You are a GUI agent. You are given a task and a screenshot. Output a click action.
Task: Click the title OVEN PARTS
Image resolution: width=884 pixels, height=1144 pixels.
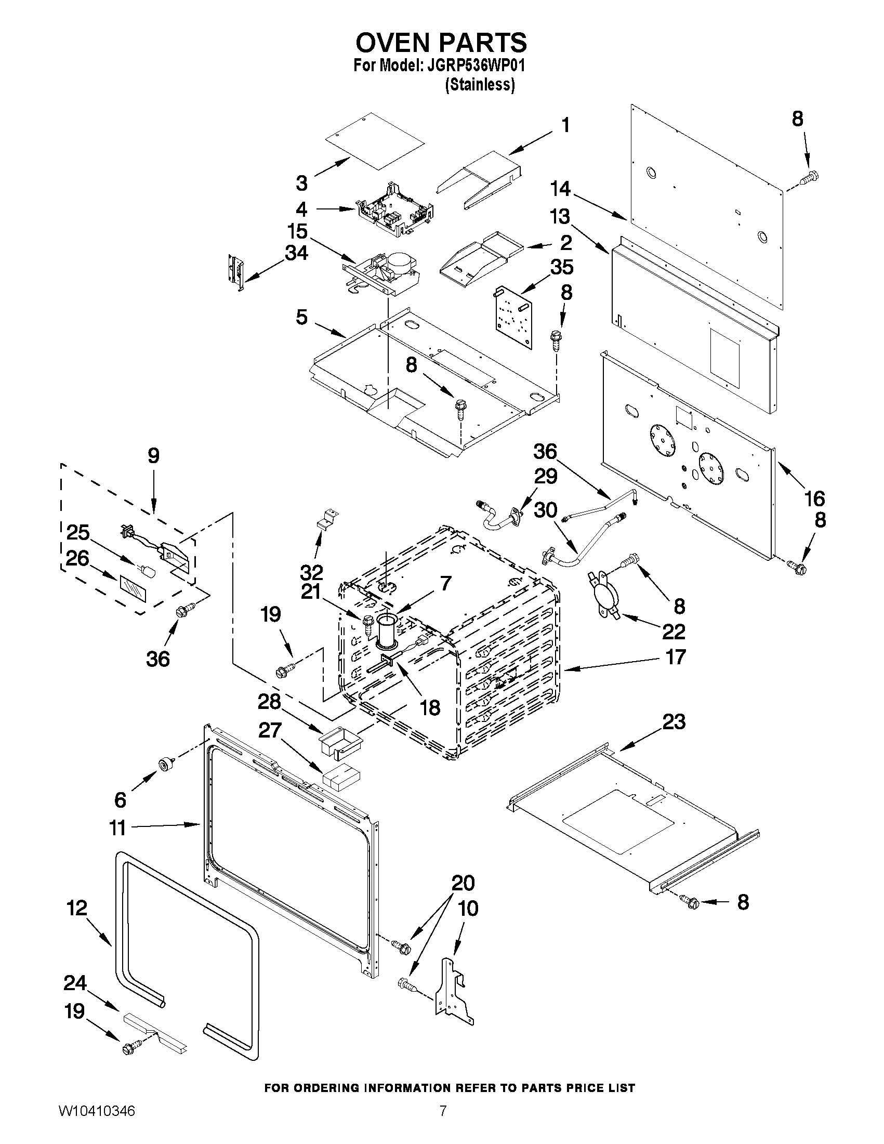[441, 42]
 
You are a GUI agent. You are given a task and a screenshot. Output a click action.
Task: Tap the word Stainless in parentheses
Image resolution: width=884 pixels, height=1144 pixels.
[480, 85]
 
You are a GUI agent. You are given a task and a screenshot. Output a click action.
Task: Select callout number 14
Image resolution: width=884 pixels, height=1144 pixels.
[560, 189]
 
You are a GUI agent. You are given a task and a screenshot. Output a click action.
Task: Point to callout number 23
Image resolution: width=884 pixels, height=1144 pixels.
[674, 722]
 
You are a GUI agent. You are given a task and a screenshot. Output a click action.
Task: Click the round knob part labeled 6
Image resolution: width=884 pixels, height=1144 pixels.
[166, 766]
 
